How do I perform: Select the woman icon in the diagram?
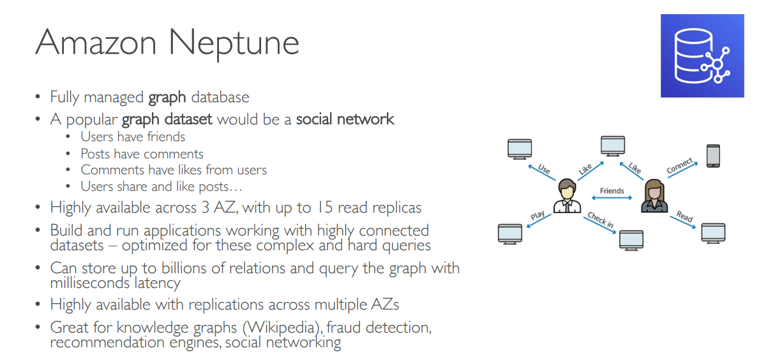tap(654, 195)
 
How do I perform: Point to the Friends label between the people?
tap(612, 191)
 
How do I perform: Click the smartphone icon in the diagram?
tap(713, 156)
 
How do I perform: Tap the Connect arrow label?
tap(680, 166)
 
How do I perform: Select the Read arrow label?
tap(684, 217)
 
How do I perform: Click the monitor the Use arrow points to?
tap(519, 148)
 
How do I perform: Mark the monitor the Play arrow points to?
tap(510, 233)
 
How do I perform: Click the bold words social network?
tap(345, 119)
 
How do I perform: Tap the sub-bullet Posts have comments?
tap(142, 154)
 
